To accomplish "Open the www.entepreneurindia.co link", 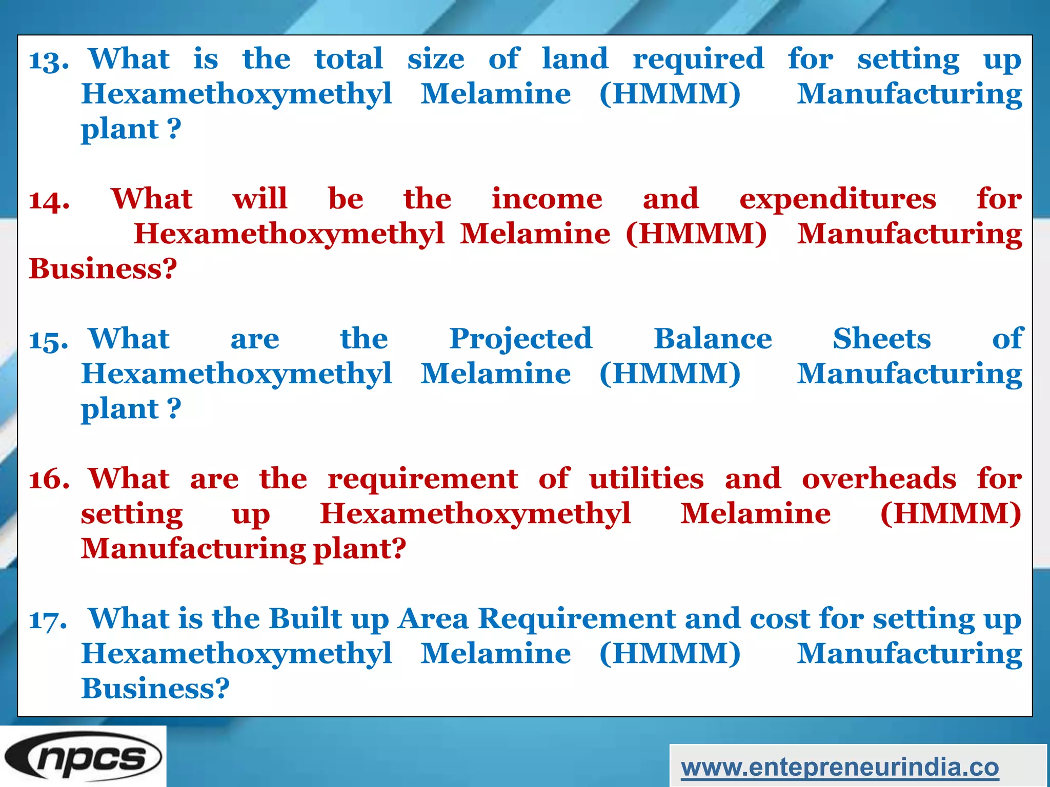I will tap(840, 767).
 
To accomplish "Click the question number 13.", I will tap(49, 60).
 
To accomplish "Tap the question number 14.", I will tap(49, 200).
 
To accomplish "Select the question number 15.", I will tap(49, 340).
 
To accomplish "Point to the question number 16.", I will tap(49, 480).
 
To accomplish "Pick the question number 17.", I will tap(48, 620).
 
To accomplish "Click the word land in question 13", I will tap(575, 58).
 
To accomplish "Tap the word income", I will tap(547, 199).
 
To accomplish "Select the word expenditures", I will tap(838, 200).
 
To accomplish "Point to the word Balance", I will tap(713, 339).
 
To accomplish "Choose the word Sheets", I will tap(881, 339).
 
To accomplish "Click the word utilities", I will tap(647, 479).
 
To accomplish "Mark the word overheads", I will tap(879, 479).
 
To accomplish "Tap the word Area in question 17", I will tap(433, 618).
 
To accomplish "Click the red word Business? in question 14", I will tap(103, 268).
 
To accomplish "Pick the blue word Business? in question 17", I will tap(155, 688).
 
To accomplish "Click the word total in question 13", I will tap(349, 58).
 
